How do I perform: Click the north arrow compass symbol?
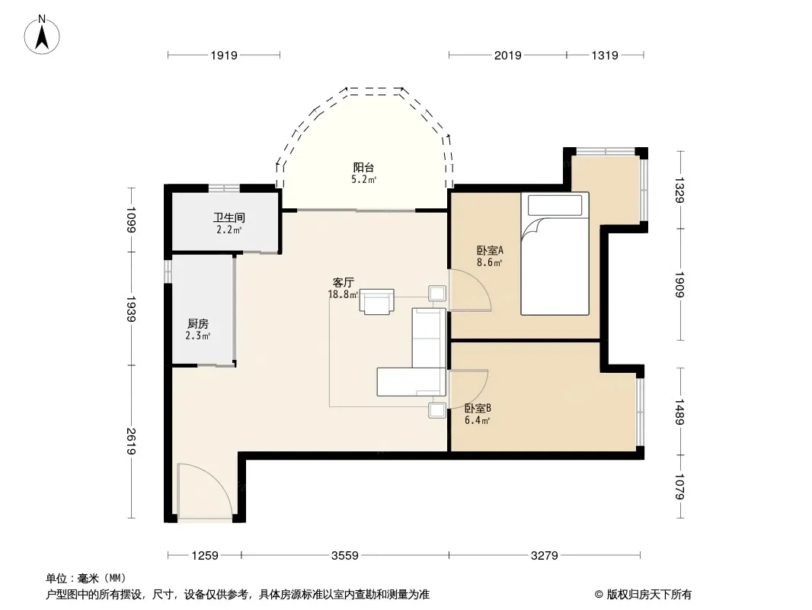(42, 35)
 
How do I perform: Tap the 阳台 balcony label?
(363, 168)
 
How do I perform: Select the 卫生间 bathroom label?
(229, 217)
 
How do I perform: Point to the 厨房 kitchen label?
(198, 324)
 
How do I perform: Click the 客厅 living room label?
(343, 282)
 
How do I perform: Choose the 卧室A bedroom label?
(490, 250)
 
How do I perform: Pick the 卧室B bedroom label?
(478, 409)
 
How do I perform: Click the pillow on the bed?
(555, 205)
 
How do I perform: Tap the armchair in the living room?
(377, 302)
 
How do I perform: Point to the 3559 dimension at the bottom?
(345, 556)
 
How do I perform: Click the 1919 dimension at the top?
(224, 56)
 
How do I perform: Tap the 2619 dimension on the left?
(131, 441)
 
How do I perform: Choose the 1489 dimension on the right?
(679, 412)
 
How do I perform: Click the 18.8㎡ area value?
(343, 295)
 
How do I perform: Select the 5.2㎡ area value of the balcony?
(363, 180)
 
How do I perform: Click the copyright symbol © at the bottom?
(599, 595)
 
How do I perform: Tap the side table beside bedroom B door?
(437, 410)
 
